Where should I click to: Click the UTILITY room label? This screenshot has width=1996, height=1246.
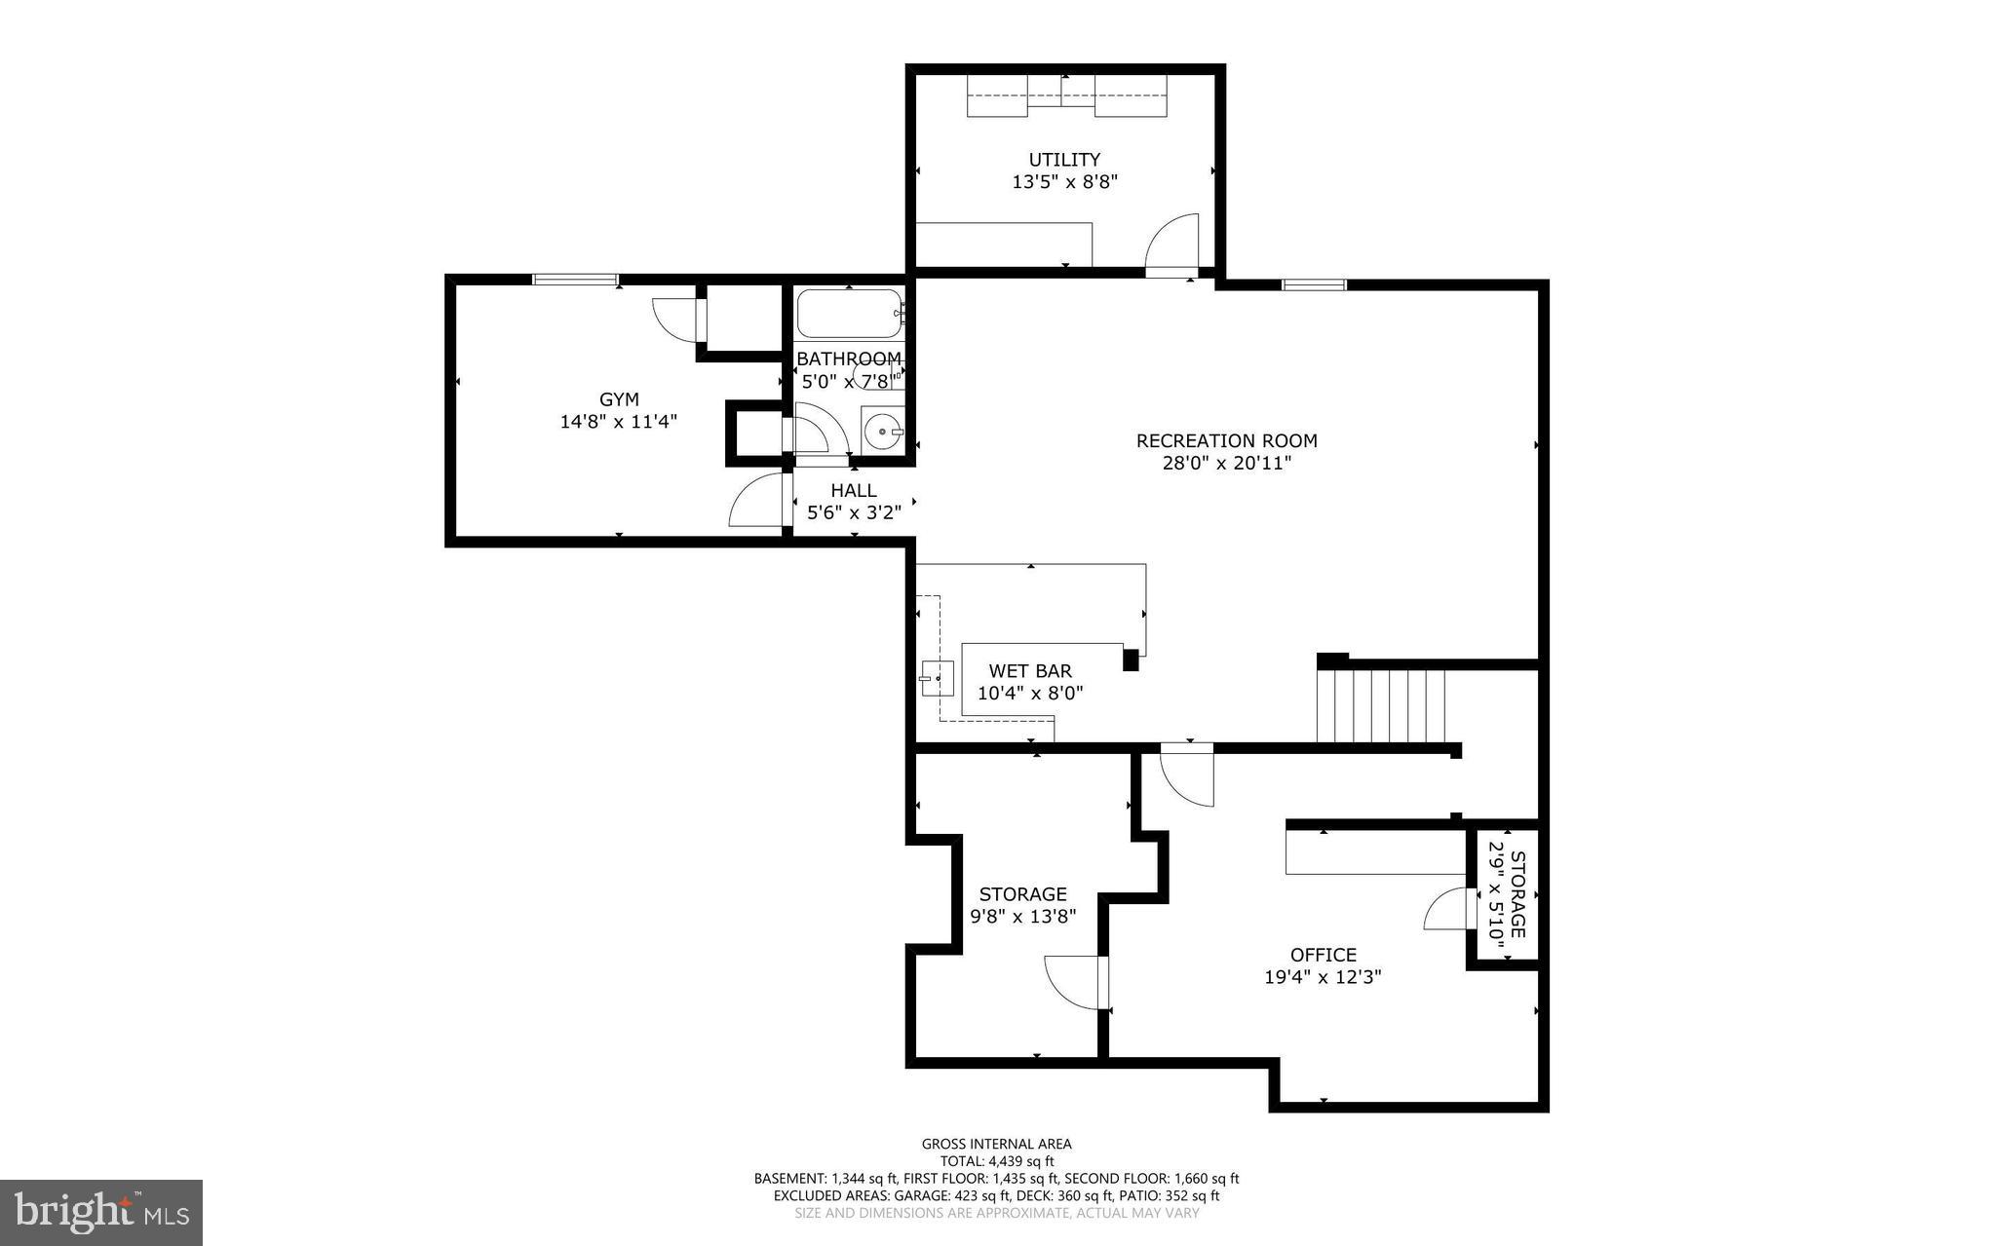pyautogui.click(x=1064, y=160)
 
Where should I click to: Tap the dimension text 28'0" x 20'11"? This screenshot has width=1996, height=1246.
pyautogui.click(x=1226, y=464)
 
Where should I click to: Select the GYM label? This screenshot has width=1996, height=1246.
pyautogui.click(x=619, y=399)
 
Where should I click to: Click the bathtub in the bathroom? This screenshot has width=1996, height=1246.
pyautogui.click(x=849, y=314)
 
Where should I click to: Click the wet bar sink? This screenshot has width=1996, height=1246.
pyautogui.click(x=938, y=677)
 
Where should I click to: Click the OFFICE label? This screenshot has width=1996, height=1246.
pyautogui.click(x=1323, y=955)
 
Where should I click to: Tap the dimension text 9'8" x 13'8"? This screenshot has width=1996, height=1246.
pyautogui.click(x=1022, y=917)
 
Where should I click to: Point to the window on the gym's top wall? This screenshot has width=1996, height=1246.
pyautogui.click(x=575, y=280)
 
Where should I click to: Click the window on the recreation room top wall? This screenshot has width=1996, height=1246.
pyautogui.click(x=1313, y=284)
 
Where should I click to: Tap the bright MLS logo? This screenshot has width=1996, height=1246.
pyautogui.click(x=100, y=1212)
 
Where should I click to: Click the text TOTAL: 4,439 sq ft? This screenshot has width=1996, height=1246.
pyautogui.click(x=996, y=1161)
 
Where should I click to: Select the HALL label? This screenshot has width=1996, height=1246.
pyautogui.click(x=854, y=491)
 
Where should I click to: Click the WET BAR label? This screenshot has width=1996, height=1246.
pyautogui.click(x=1030, y=671)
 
